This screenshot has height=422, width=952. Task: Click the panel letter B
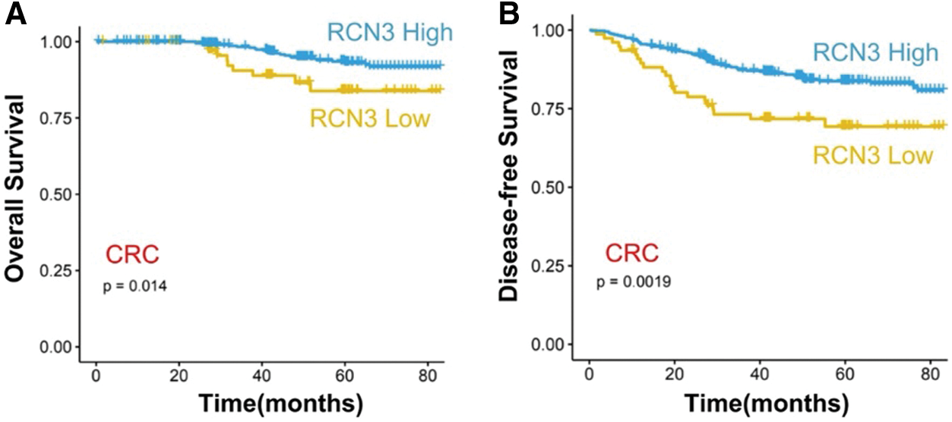tap(508, 13)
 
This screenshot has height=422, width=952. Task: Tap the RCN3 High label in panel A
tap(390, 33)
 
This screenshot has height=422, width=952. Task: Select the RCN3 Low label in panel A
tap(369, 118)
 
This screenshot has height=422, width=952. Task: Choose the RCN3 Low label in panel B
tap(872, 155)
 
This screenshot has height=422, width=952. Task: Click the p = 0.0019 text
tap(633, 282)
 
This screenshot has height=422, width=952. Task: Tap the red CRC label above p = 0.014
tap(132, 256)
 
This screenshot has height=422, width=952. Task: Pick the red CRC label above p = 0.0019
tap(631, 252)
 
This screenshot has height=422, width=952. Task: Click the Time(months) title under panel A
tap(261, 402)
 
